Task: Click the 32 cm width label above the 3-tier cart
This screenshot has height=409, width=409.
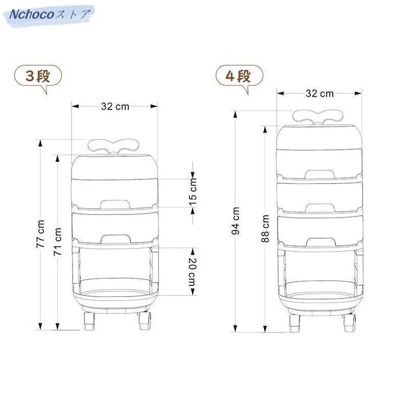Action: click(x=115, y=106)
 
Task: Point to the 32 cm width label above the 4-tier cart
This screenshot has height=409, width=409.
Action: click(x=320, y=94)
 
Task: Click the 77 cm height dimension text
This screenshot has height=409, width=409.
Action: click(x=40, y=234)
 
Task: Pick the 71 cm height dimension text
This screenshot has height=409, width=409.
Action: click(x=58, y=241)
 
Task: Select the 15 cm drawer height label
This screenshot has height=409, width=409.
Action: click(x=193, y=193)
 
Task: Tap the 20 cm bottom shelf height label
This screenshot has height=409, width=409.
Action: click(x=193, y=272)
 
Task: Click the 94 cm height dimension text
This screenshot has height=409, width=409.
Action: click(x=236, y=221)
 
